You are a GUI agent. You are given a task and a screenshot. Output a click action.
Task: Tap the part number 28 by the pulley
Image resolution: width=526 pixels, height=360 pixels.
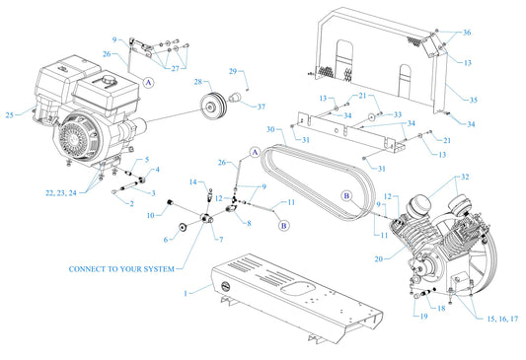(x=197, y=82)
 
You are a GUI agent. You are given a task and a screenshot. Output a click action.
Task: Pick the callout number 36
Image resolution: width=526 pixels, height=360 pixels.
(x=467, y=33)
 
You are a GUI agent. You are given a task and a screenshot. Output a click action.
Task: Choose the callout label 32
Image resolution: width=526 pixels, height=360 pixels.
(x=464, y=178)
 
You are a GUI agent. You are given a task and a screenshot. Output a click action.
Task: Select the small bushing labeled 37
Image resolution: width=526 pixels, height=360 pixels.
(x=236, y=99)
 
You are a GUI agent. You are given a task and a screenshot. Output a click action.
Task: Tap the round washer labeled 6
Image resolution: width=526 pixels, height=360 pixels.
(x=184, y=229)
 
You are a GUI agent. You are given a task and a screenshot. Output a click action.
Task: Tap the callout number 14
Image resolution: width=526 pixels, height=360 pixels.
(x=194, y=181)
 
